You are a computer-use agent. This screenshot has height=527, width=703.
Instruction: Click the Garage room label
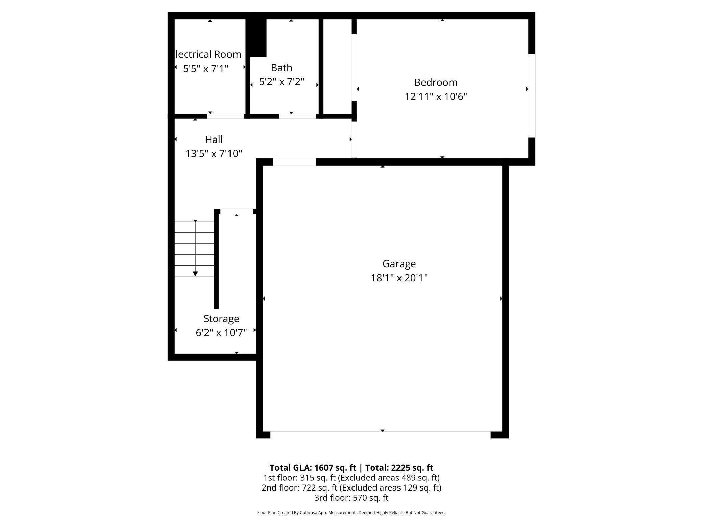point(399,263)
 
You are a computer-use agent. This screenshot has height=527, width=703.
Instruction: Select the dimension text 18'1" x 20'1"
point(399,278)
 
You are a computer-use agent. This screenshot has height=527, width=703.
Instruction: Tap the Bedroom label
point(436,82)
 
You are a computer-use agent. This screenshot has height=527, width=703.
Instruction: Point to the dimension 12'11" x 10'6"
point(436,97)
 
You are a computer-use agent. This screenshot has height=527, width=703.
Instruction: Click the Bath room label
point(282,68)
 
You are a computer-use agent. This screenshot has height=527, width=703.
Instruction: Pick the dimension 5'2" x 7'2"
point(282,82)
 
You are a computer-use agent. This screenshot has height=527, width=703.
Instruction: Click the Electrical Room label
point(207,54)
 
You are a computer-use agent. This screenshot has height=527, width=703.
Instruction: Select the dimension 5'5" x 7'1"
point(205,69)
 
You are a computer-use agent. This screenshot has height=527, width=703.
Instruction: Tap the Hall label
point(214,140)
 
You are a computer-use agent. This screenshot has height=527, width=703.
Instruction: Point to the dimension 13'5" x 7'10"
point(214,154)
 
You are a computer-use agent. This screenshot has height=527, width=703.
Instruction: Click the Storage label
point(221,319)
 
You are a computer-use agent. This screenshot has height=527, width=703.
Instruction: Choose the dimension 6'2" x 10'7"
point(221,333)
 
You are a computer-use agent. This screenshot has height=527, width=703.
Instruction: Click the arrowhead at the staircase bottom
point(195,274)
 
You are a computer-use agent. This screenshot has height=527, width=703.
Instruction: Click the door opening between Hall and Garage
point(294,162)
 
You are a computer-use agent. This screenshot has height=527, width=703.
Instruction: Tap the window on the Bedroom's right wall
point(532,96)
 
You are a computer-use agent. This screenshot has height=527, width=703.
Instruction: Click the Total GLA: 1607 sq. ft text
point(313,468)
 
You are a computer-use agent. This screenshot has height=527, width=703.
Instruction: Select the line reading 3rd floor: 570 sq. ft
point(351,498)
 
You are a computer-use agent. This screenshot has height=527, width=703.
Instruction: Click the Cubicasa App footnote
point(351,513)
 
